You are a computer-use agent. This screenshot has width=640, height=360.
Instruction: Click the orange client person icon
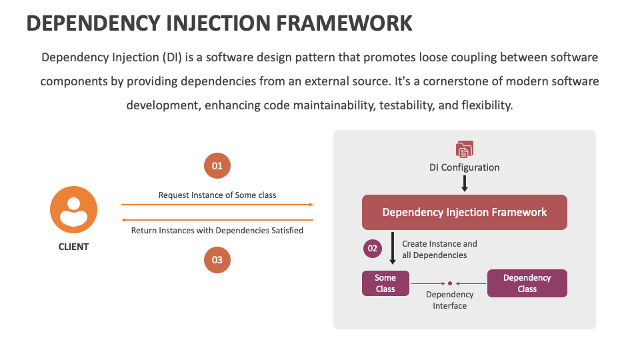tap(73, 210)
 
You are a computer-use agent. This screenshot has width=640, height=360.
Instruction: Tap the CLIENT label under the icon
tap(73, 247)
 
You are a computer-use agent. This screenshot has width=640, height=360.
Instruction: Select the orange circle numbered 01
tap(217, 166)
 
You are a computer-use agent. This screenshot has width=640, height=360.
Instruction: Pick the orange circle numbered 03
tap(217, 260)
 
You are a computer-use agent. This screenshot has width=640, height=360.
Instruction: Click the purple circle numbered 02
tap(373, 249)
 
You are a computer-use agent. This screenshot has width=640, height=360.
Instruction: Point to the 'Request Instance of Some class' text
tap(217, 195)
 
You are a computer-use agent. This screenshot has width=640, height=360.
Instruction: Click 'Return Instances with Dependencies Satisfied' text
tap(217, 231)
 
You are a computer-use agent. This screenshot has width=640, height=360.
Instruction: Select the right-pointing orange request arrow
tap(217, 205)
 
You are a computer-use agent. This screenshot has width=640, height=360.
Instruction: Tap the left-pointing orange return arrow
tap(217, 220)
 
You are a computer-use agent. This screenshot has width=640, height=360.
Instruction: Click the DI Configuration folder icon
tap(465, 149)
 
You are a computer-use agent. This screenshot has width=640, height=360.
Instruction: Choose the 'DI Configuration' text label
tap(465, 167)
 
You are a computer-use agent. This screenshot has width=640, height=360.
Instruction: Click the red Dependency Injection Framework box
tap(465, 212)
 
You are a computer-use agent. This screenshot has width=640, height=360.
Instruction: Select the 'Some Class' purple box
tap(385, 283)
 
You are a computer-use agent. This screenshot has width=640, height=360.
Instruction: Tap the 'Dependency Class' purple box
tap(527, 283)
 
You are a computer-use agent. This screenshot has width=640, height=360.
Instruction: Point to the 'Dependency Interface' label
tap(450, 300)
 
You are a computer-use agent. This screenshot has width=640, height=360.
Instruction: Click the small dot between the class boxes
tap(450, 283)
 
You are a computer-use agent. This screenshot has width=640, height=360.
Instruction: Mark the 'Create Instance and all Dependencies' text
tap(439, 249)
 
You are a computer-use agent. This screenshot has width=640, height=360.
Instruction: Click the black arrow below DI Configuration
tap(465, 183)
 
